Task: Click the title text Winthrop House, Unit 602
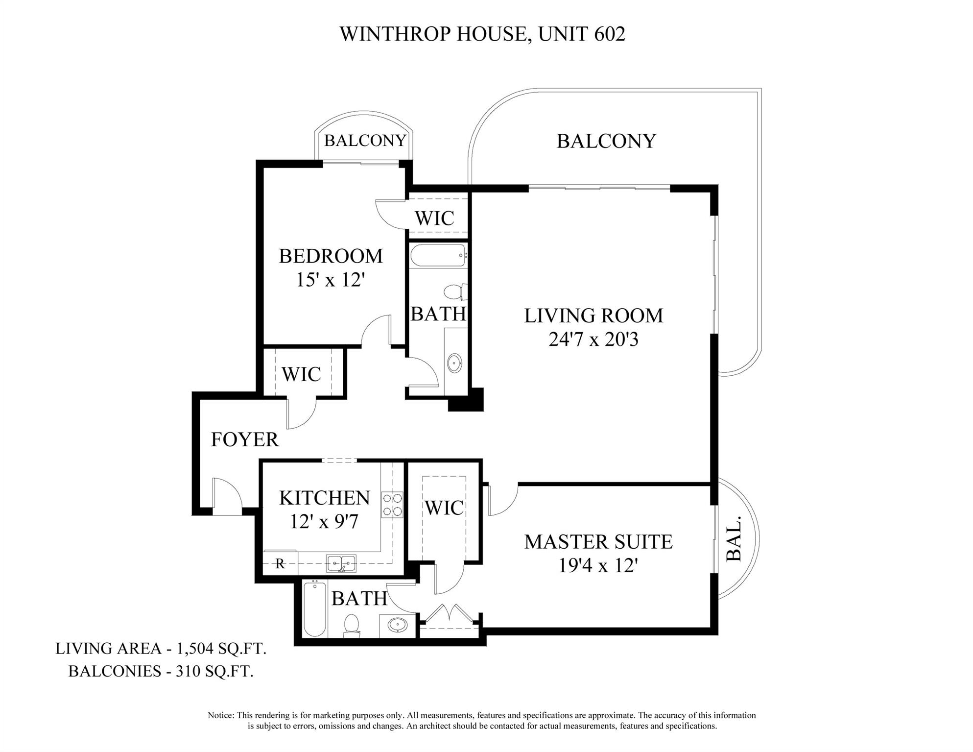click(x=482, y=34)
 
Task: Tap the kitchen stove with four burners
click(x=392, y=505)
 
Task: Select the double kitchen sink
click(x=342, y=563)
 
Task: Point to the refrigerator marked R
click(x=280, y=563)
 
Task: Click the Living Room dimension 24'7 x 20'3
click(x=593, y=340)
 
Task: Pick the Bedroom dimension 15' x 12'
click(x=331, y=280)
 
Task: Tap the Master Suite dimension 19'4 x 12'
click(x=598, y=566)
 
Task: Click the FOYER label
click(x=244, y=440)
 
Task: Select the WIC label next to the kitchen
click(x=444, y=508)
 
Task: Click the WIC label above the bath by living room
click(x=434, y=218)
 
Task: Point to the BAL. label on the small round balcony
click(x=734, y=538)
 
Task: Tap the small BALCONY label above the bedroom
click(x=365, y=141)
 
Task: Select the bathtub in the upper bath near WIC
click(x=437, y=255)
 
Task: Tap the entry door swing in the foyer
click(x=226, y=495)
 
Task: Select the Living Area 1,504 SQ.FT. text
click(x=161, y=649)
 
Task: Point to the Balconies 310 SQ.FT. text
click(x=161, y=671)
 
